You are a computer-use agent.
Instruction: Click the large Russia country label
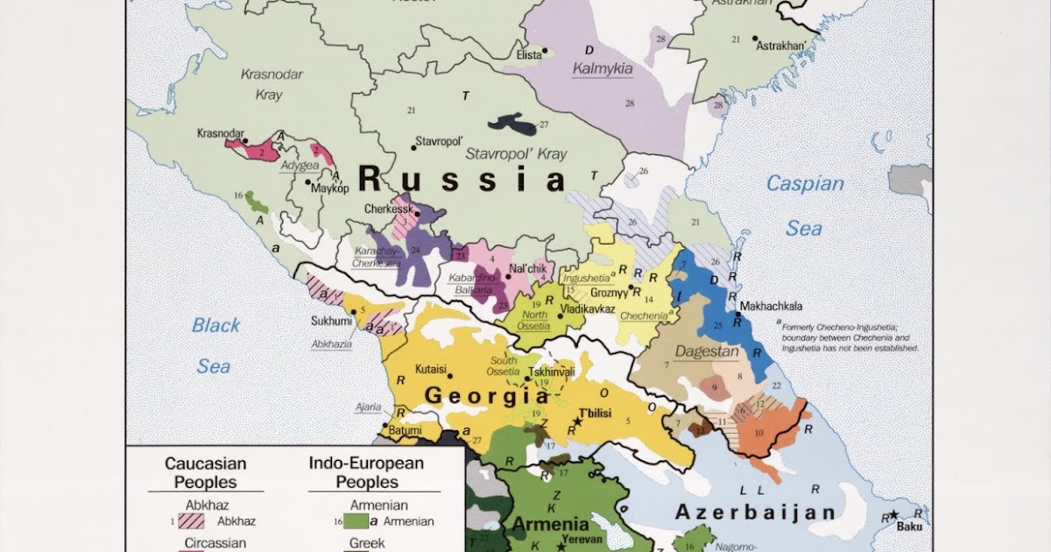point(462,180)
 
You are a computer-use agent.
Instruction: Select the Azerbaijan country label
point(754,512)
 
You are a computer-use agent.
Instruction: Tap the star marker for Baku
point(893,515)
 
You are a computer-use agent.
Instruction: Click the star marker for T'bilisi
point(577,422)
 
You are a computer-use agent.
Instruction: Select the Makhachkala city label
point(772,307)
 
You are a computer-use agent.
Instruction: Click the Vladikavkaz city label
point(585,308)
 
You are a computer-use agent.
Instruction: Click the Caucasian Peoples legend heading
point(205,472)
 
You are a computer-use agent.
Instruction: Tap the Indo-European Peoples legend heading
point(366,472)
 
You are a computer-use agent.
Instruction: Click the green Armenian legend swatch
point(356,521)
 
